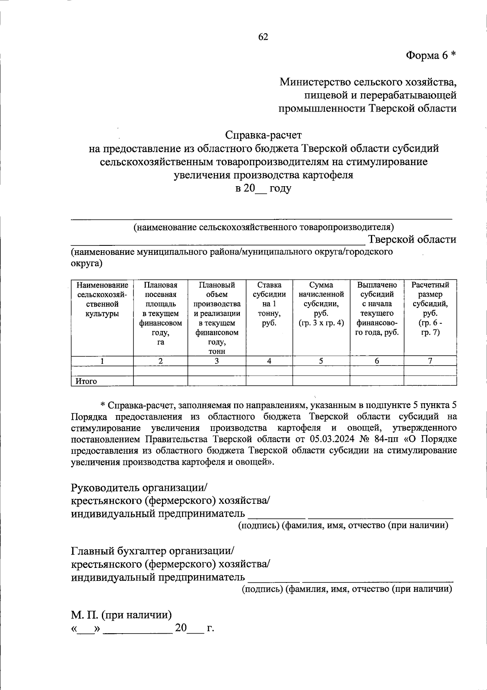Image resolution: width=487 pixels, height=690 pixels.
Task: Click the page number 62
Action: click(x=263, y=37)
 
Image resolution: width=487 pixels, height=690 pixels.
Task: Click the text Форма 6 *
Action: click(x=431, y=56)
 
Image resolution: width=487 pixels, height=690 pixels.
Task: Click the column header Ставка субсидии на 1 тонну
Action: click(x=269, y=304)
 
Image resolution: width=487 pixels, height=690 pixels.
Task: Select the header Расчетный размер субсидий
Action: click(x=430, y=308)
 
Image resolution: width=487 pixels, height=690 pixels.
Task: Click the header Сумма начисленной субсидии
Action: click(x=321, y=304)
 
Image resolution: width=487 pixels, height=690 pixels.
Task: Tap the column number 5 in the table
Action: click(x=321, y=361)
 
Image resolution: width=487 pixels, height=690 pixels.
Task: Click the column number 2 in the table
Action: click(x=160, y=361)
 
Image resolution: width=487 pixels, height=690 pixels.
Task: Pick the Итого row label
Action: click(x=86, y=381)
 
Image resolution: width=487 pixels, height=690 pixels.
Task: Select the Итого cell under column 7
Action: click(x=430, y=381)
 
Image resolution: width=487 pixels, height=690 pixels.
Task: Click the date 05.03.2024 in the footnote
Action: click(x=332, y=439)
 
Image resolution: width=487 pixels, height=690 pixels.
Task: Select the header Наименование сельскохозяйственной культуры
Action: click(x=102, y=299)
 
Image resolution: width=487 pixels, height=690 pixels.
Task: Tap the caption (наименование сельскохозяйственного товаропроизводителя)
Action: click(x=264, y=227)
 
